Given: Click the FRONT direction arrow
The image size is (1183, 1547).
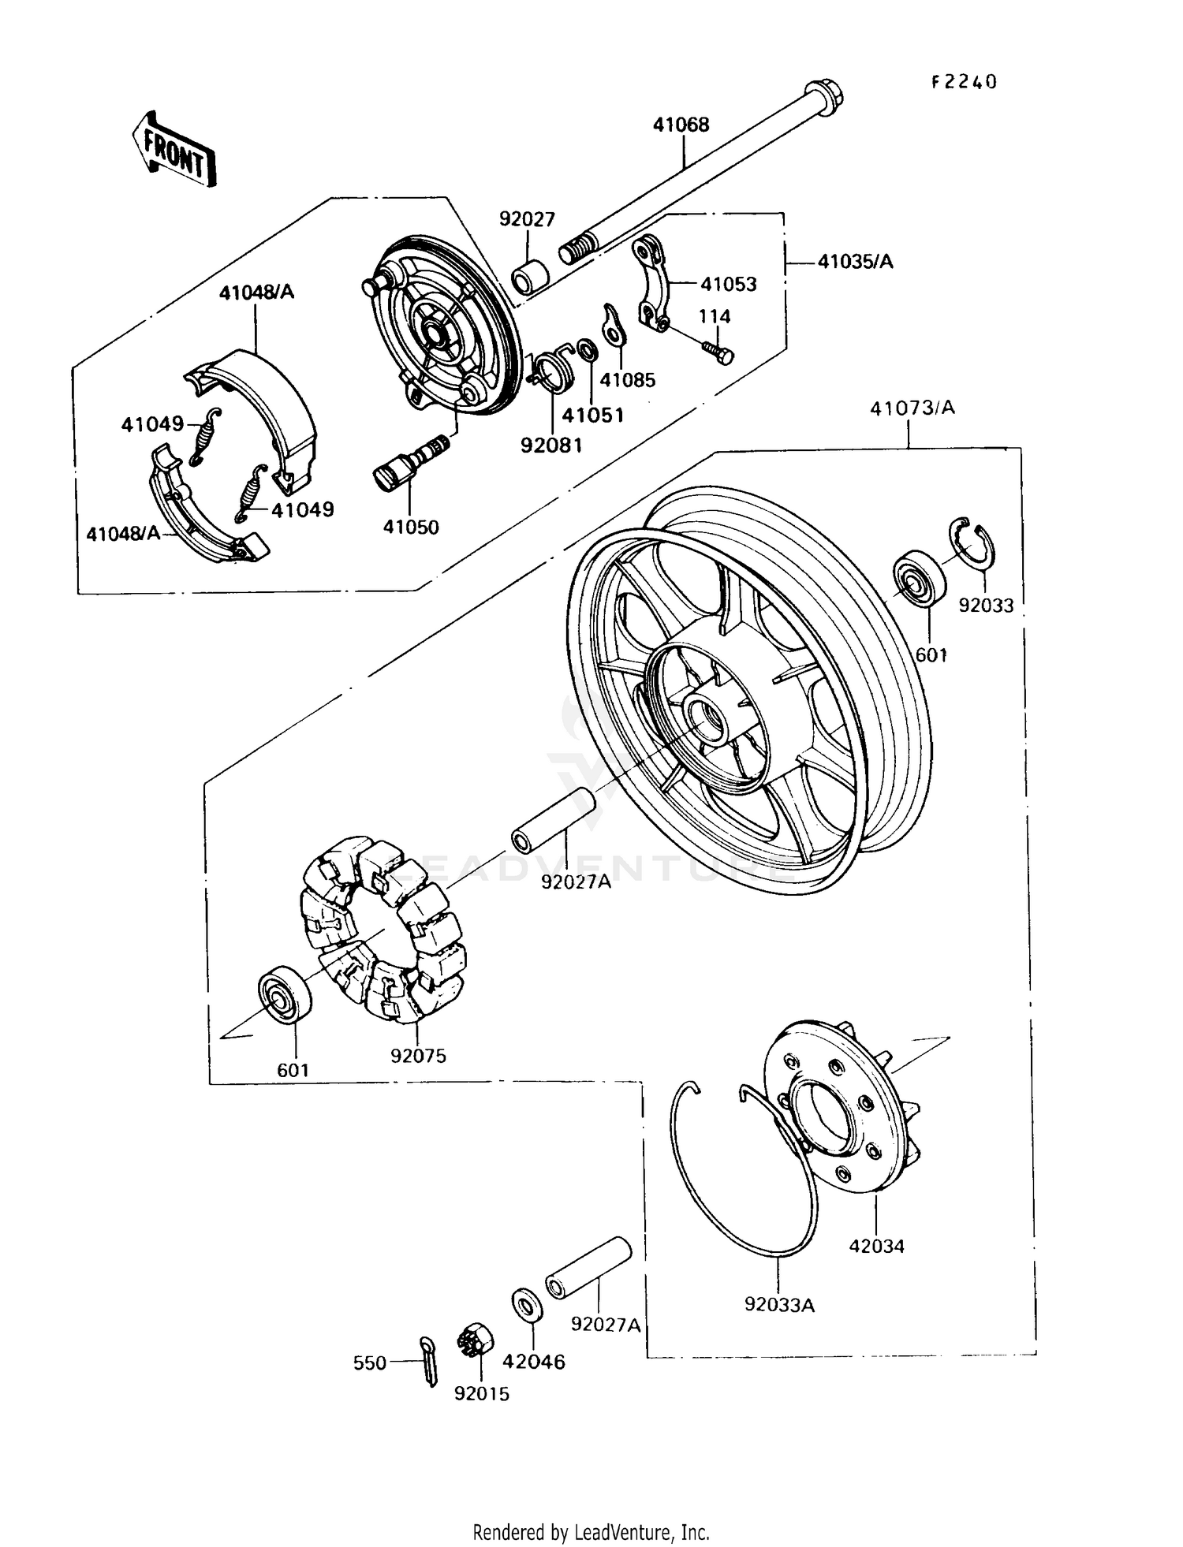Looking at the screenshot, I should [174, 149].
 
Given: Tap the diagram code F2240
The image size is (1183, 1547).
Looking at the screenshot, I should [964, 82].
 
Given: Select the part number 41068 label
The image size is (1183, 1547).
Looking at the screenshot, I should [681, 125].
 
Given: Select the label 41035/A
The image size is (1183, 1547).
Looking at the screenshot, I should [855, 263].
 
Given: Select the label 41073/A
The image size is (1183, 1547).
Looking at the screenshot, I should [912, 408].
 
